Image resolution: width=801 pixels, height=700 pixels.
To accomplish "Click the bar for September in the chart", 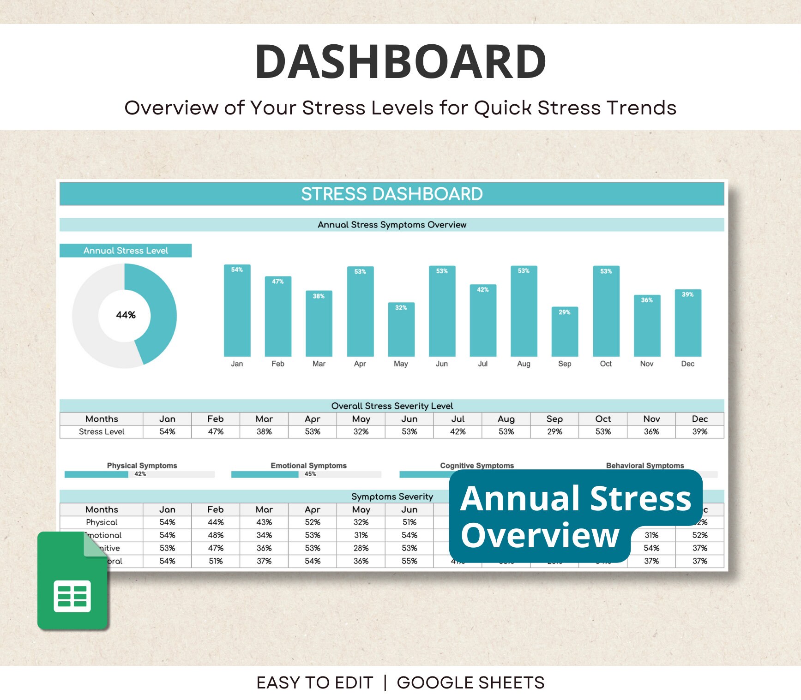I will click(564, 332).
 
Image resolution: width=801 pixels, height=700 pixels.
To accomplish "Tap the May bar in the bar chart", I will click(401, 329).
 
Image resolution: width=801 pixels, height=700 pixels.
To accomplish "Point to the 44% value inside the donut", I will click(126, 315).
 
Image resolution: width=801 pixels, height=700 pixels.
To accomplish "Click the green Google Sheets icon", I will click(72, 581).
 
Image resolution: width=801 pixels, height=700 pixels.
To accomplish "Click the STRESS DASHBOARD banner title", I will click(391, 194).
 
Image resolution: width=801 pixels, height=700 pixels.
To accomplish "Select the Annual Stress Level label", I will click(126, 251).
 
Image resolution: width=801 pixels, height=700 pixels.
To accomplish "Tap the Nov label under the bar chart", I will click(646, 364).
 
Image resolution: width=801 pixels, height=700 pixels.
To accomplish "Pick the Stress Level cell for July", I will click(458, 431).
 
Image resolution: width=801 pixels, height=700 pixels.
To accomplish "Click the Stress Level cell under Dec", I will click(699, 431).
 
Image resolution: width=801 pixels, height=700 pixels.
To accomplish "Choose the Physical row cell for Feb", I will click(216, 522).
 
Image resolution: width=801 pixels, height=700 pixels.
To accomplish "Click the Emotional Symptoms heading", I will click(308, 466).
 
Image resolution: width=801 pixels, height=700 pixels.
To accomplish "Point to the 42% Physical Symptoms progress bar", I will click(96, 474).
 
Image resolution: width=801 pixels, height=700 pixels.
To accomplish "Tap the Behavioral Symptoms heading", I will click(644, 466).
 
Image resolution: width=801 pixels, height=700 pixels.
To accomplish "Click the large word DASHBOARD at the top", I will click(400, 61).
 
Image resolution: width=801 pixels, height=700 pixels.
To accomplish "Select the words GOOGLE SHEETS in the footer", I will click(470, 682).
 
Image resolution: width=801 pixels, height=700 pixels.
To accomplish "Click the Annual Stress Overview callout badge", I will click(575, 516).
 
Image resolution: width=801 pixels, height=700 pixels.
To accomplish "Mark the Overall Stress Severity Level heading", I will click(391, 406).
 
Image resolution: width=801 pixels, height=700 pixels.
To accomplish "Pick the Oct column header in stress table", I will click(603, 419).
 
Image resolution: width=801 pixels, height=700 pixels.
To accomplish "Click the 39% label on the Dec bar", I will click(687, 294).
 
